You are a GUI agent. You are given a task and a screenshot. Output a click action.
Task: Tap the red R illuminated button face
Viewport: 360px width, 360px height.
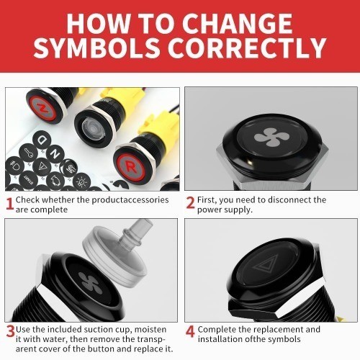[x=131, y=166]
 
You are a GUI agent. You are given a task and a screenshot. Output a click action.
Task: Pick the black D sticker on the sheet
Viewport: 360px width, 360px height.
[x=42, y=139]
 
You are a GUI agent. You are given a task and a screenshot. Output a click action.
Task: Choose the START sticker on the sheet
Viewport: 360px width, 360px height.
[x=28, y=179]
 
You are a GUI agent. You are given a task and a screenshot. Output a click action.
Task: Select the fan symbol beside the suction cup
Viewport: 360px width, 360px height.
[x=91, y=284]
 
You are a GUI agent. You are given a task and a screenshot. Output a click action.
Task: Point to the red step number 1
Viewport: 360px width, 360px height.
[x=9, y=204]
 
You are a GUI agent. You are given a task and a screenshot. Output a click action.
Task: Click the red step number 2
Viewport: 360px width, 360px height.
[x=190, y=203]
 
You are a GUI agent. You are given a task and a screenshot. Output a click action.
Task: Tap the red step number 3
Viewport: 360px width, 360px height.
[x=10, y=331]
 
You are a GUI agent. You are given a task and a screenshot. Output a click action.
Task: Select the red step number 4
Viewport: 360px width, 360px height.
[x=190, y=331]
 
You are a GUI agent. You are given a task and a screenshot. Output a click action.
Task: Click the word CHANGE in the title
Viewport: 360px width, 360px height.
[x=238, y=23]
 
